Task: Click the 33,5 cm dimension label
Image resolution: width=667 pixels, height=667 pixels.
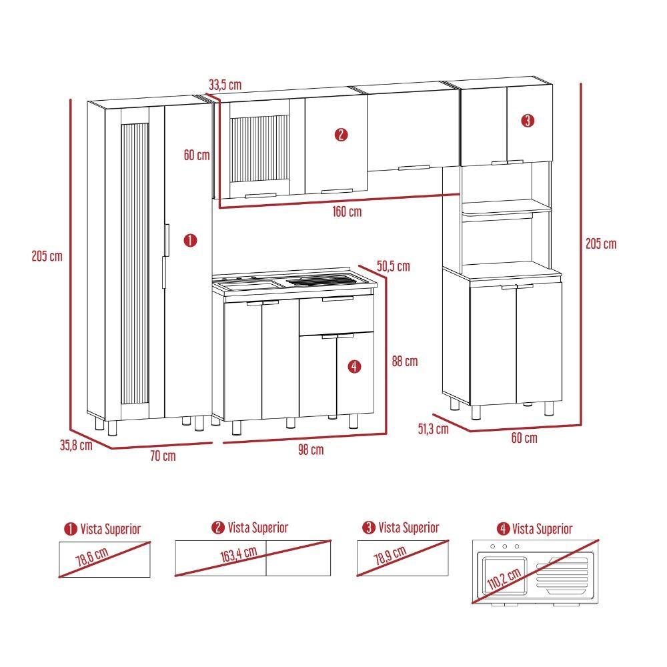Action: [x=225, y=85]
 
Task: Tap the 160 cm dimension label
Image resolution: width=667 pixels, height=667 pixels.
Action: [x=347, y=212]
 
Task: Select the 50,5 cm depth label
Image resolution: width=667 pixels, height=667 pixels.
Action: [x=393, y=267]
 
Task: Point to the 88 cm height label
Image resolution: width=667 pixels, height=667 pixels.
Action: [x=404, y=362]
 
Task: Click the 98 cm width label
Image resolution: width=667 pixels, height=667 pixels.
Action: [x=310, y=450]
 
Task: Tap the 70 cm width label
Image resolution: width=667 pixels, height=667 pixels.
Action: [x=163, y=456]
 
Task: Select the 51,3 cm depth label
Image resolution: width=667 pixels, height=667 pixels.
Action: [x=433, y=429]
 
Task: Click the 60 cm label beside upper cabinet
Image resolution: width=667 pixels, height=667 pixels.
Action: [x=197, y=155]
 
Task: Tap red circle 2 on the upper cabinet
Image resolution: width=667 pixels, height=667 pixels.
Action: [x=341, y=135]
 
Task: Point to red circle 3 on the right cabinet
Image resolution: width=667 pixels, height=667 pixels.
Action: [x=528, y=121]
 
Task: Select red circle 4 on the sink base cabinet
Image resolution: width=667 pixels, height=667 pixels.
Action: [x=354, y=366]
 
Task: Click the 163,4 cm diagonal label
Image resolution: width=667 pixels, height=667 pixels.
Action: [x=239, y=556]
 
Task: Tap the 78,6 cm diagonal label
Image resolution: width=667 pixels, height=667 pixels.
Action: [x=92, y=556]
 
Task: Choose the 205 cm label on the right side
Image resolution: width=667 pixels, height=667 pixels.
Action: [x=600, y=243]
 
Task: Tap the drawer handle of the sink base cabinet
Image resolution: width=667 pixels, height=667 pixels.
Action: [x=338, y=300]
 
